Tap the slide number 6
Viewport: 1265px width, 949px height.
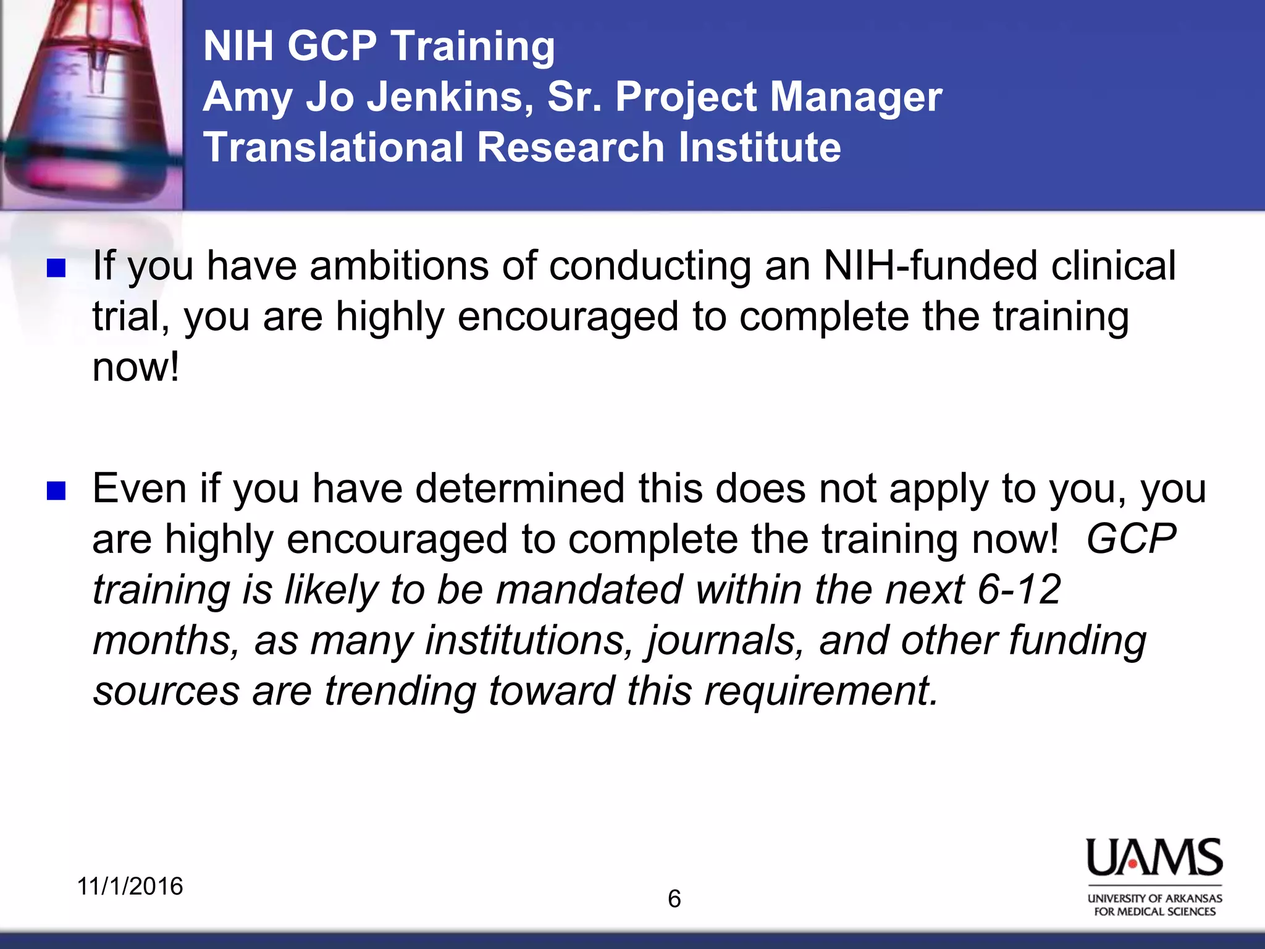(675, 899)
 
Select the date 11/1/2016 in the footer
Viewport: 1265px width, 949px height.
(130, 886)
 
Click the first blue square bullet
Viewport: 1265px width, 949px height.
(56, 268)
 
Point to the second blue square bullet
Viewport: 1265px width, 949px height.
(56, 491)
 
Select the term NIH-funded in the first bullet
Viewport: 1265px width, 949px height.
(931, 266)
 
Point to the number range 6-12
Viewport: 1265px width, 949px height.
(1019, 589)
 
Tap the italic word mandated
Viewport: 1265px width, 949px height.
(589, 589)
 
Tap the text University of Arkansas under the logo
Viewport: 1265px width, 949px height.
(1154, 898)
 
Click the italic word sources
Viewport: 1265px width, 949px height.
(166, 692)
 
